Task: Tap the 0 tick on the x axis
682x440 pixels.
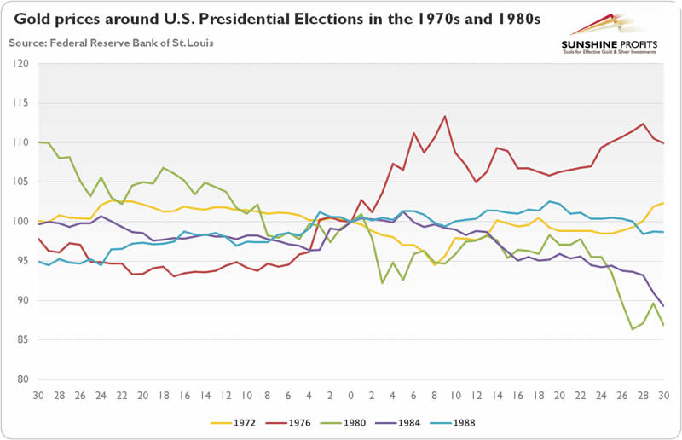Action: tap(350, 396)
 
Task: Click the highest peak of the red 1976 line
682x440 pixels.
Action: tap(445, 116)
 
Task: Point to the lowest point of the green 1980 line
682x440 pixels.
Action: tap(632, 329)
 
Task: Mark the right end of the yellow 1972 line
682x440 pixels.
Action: tap(664, 203)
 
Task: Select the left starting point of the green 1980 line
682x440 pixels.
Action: tap(38, 142)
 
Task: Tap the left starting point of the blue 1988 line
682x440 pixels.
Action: tap(38, 261)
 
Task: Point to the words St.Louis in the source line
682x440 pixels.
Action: tap(191, 42)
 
